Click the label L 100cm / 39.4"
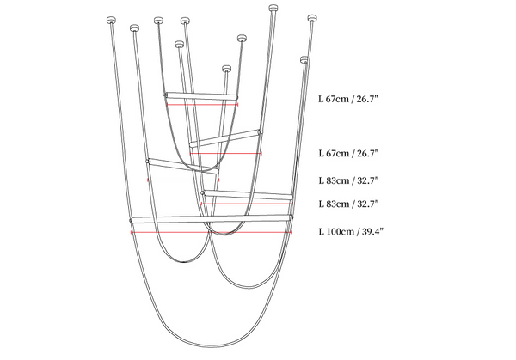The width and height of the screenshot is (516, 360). (x=351, y=231)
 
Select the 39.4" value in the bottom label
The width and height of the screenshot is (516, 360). (x=373, y=231)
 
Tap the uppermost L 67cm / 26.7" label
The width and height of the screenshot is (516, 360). (x=348, y=99)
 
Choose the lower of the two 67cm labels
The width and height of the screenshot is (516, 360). (x=348, y=153)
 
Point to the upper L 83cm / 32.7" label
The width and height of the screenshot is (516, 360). (x=348, y=180)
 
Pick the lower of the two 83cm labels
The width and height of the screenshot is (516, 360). (x=348, y=204)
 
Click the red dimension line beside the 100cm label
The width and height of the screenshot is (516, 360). (x=212, y=233)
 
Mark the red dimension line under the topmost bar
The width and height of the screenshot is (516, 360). (x=202, y=105)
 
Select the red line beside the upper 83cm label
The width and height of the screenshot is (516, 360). (x=183, y=180)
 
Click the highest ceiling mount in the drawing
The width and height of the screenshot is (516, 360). (x=273, y=8)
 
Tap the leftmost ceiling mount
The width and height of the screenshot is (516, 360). (x=112, y=21)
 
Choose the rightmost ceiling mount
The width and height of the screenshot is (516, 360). (x=312, y=18)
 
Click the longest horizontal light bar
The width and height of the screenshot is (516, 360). (x=211, y=219)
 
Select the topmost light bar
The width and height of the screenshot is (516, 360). (x=201, y=95)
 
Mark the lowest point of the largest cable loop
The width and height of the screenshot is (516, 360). (x=211, y=347)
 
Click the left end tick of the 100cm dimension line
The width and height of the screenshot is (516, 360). (x=132, y=233)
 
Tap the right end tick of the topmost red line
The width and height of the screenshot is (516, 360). (x=237, y=105)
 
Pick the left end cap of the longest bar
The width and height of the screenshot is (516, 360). (x=131, y=221)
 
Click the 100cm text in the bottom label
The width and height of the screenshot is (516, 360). (x=336, y=231)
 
